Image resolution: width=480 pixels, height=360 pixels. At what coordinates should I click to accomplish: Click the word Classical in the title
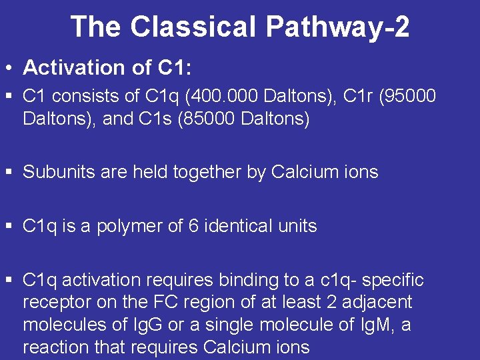point(193,27)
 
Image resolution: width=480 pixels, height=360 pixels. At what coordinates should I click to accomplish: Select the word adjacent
point(377,302)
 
